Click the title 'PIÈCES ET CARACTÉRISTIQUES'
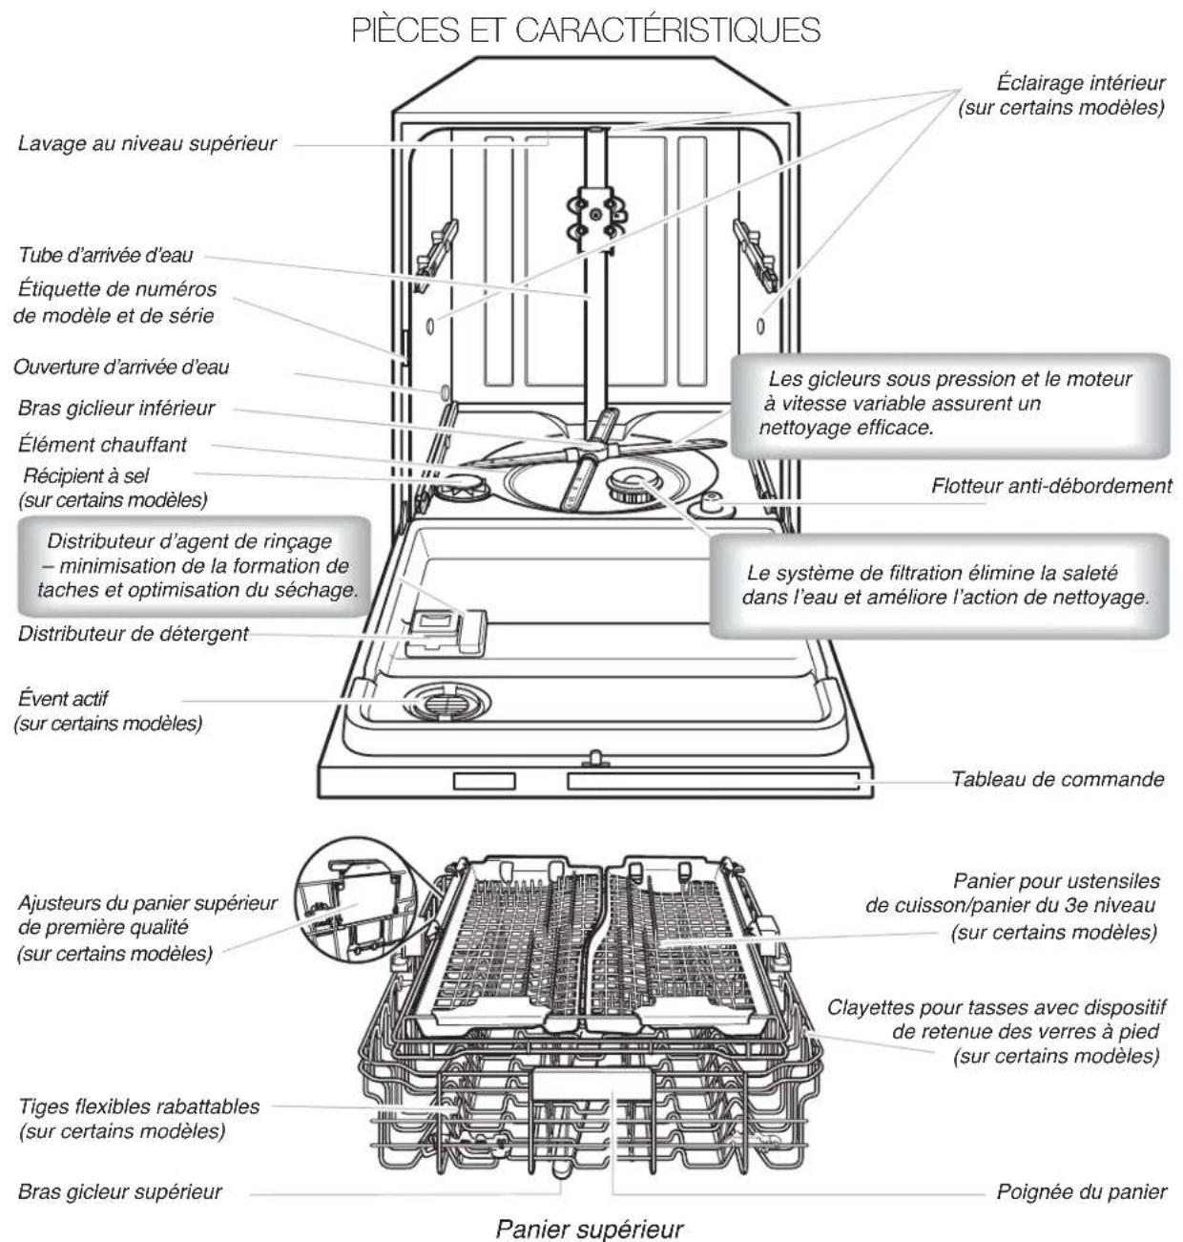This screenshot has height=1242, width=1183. tap(586, 30)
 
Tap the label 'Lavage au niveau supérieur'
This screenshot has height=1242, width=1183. tap(148, 144)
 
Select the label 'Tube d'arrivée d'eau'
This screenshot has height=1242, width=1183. tap(106, 255)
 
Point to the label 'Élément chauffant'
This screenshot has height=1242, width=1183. tap(103, 444)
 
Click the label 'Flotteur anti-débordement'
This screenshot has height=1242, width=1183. tap(1051, 485)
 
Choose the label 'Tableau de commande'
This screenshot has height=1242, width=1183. tap(1058, 779)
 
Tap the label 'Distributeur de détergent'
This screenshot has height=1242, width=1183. tap(134, 633)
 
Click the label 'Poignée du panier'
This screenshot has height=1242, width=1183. tap(1082, 1191)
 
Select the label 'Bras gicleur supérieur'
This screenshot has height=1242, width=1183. tap(120, 1191)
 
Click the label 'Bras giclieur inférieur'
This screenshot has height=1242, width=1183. tap(116, 408)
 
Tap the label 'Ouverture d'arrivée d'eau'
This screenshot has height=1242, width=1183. tap(121, 368)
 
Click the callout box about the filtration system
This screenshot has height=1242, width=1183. tap(940, 586)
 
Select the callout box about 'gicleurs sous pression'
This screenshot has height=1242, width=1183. tap(949, 404)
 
